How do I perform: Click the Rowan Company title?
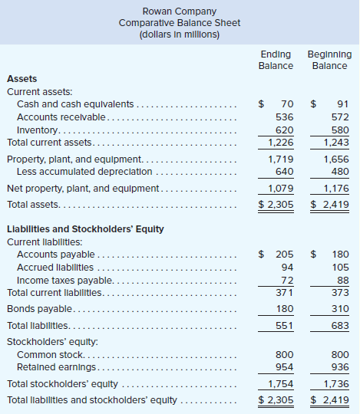pyautogui.click(x=180, y=11)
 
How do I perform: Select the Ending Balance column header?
pyautogui.click(x=276, y=60)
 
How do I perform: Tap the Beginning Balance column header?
pyautogui.click(x=329, y=60)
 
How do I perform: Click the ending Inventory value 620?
pyautogui.click(x=285, y=130)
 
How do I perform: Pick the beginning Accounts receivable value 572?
pyautogui.click(x=340, y=117)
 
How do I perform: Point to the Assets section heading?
pyautogui.click(x=22, y=79)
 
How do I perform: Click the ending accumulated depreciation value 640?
pyautogui.click(x=285, y=172)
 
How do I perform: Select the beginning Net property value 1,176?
pyautogui.click(x=336, y=189)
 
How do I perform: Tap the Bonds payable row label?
pyautogui.click(x=39, y=309)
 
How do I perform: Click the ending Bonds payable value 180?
pyautogui.click(x=285, y=309)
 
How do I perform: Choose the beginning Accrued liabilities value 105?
pyautogui.click(x=341, y=268)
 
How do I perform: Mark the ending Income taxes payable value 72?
pyautogui.click(x=287, y=281)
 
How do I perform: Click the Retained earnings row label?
pyautogui.click(x=56, y=367)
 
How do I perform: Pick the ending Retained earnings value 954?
pyautogui.click(x=285, y=367)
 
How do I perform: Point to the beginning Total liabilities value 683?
pyautogui.click(x=340, y=326)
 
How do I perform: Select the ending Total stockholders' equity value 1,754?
pyautogui.click(x=281, y=384)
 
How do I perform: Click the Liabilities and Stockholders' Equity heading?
pyautogui.click(x=85, y=229)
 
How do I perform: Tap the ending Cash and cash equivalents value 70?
pyautogui.click(x=287, y=104)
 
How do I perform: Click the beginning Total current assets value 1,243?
pyautogui.click(x=336, y=143)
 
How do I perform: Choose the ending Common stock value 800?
pyautogui.click(x=285, y=355)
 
